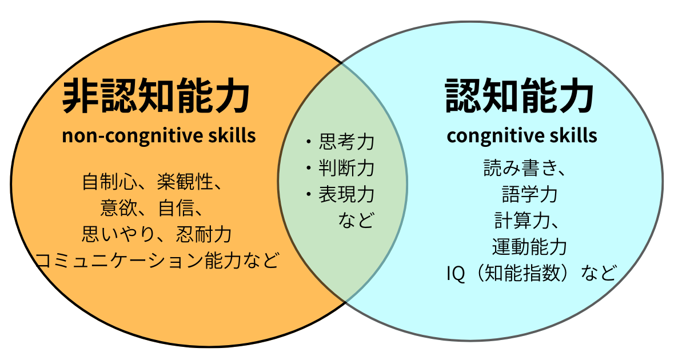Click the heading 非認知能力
click(156, 95)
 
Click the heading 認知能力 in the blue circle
click(520, 95)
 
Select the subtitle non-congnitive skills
click(159, 136)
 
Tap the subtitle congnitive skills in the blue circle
click(522, 136)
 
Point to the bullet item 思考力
click(346, 142)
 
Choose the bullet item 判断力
click(346, 168)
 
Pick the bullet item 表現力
click(346, 194)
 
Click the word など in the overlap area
click(356, 220)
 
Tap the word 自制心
click(110, 182)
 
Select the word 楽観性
click(185, 182)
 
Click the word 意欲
click(119, 208)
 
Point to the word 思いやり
click(118, 234)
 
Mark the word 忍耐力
click(204, 234)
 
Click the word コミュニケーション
click(119, 261)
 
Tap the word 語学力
click(530, 194)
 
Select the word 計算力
click(522, 221)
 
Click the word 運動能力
click(530, 247)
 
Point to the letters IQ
click(456, 273)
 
